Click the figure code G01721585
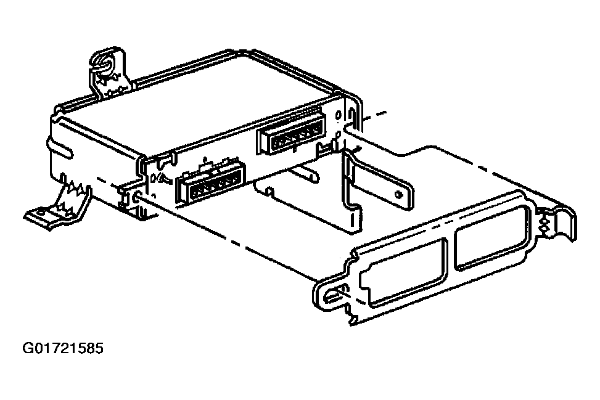coord(63,348)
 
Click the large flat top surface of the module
coord(199,104)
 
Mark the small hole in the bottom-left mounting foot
coord(41,211)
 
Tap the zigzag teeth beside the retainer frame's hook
coord(544,226)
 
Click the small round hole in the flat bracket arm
coord(400,194)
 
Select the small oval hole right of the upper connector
coord(338,115)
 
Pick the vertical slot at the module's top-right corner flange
coord(351,114)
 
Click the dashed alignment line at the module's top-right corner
coord(373,115)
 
